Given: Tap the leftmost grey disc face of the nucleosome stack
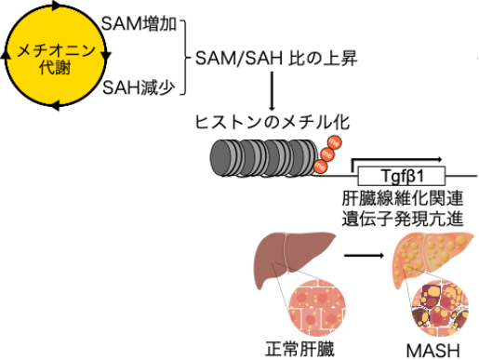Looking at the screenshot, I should click(x=219, y=157).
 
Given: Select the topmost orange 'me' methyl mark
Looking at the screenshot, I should click(x=335, y=141).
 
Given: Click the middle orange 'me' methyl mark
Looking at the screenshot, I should click(x=327, y=154).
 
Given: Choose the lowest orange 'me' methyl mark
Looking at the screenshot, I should click(x=321, y=167).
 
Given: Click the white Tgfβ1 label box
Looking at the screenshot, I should click(x=402, y=176).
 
